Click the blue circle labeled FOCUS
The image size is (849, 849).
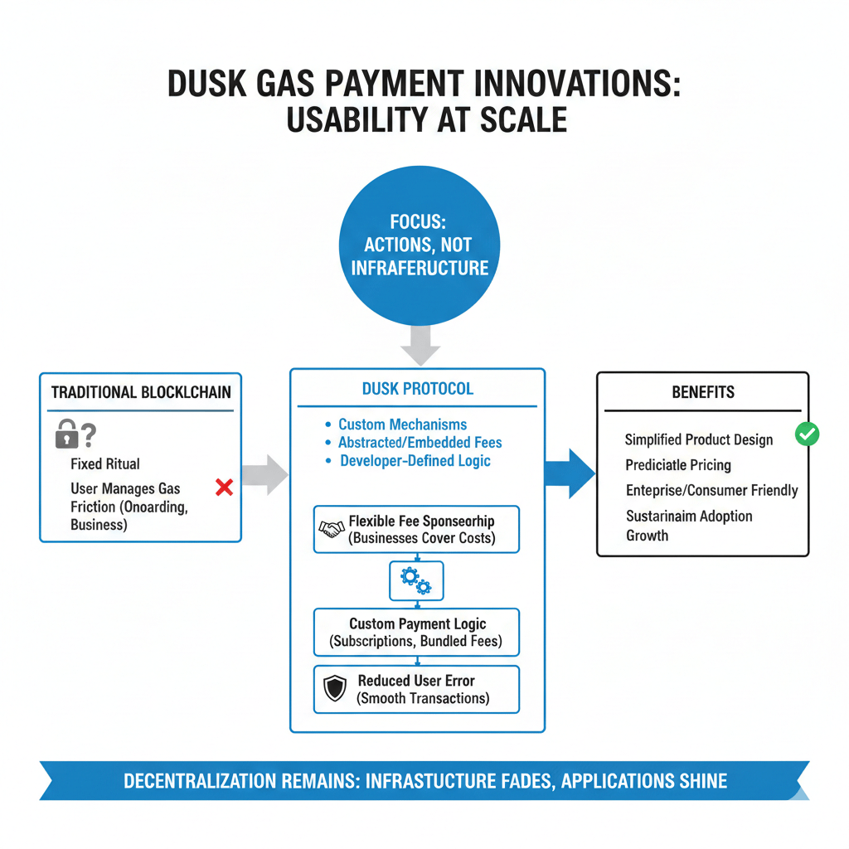pos(420,245)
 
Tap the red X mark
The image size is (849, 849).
pos(223,488)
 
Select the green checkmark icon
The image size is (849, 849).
pos(807,434)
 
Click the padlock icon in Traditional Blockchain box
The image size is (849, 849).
pos(66,433)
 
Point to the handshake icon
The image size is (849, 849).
pos(332,529)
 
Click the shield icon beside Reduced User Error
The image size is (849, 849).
pos(334,689)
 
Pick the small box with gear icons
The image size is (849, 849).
pos(416,580)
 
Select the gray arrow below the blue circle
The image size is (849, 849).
pos(420,342)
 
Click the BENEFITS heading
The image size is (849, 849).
pos(703,392)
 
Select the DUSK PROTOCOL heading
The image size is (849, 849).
pos(418,388)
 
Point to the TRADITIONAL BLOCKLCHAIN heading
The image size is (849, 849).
pos(141,392)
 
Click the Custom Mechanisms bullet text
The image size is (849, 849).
pos(402,424)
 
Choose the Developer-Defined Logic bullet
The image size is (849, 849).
pos(415,461)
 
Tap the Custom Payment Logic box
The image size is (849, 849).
pos(416,633)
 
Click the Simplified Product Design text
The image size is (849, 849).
pos(698,439)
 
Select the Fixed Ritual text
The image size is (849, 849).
pos(105,463)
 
